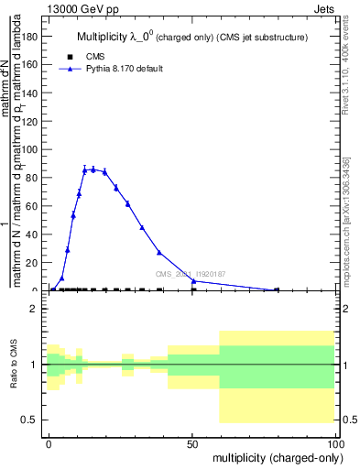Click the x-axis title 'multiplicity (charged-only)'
click(274, 456)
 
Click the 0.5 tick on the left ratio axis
click(34, 420)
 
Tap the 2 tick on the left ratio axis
click(38, 309)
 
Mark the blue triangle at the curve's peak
click(93, 169)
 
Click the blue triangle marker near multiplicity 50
click(193, 281)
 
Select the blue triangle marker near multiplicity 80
click(277, 289)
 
